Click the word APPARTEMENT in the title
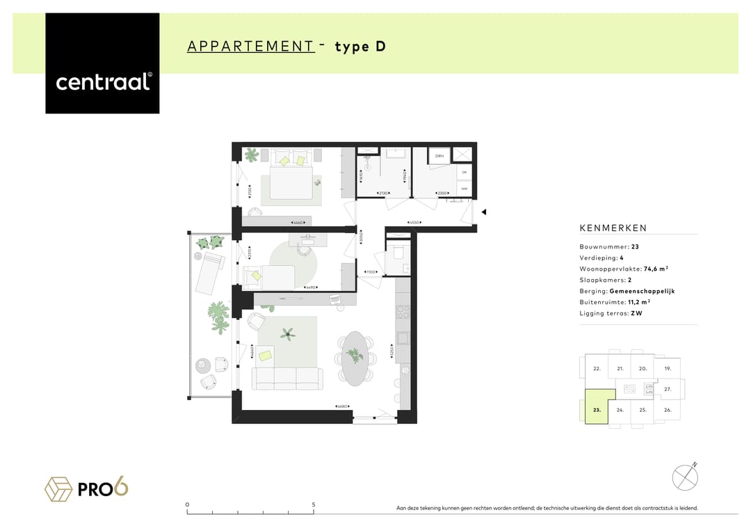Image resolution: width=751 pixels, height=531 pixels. click(250, 47)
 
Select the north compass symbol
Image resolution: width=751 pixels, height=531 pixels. click(685, 477)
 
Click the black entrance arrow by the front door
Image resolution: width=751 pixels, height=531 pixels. click(484, 212)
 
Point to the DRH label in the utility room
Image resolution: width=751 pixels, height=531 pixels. click(439, 157)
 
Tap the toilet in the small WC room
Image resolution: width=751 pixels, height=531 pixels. click(398, 254)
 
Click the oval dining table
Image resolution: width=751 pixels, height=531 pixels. click(355, 358)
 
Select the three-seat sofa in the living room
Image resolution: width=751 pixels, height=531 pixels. click(287, 378)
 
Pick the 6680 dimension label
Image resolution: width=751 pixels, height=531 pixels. click(341, 406)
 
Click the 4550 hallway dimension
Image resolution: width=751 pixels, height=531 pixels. click(413, 223)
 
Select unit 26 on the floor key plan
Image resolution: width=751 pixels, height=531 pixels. click(668, 410)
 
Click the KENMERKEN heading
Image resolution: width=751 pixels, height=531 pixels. click(613, 228)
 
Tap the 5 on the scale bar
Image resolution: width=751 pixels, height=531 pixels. click(314, 505)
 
